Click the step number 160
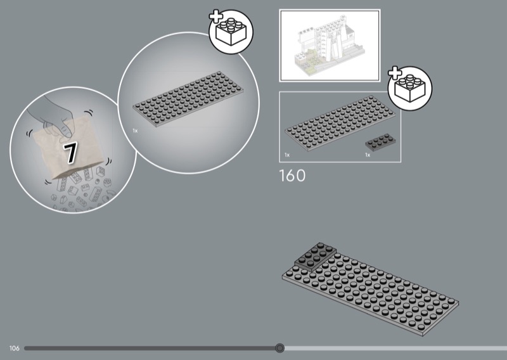tap(292, 176)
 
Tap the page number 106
tap(14, 348)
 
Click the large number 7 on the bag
tap(70, 152)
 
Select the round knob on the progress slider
tap(279, 348)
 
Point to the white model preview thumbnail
tap(330, 45)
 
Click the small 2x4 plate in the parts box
tap(380, 142)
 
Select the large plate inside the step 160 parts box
tap(340, 123)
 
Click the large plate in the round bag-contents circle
tap(188, 99)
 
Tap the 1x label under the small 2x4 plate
tap(368, 155)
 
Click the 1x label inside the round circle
tap(135, 131)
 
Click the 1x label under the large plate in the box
tap(287, 155)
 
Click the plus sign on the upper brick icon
tap(215, 16)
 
